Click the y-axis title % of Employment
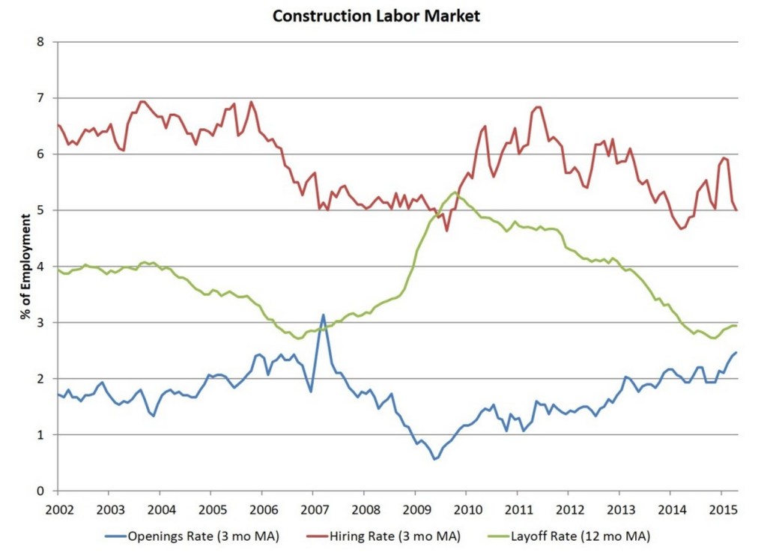tap(27, 266)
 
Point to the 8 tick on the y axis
tap(41, 42)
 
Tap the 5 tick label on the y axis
tap(41, 210)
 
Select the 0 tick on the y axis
tap(41, 491)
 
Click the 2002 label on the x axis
tap(58, 509)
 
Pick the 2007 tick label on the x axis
tap(312, 509)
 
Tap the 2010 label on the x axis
tap(465, 509)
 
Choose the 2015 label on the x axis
tap(721, 509)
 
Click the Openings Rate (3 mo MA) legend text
tap(203, 536)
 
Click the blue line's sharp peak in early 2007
tap(323, 315)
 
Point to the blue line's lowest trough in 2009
tap(434, 459)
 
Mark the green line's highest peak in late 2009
tap(454, 192)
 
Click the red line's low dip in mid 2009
tap(447, 230)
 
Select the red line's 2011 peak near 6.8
tap(538, 107)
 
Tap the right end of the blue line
tap(737, 352)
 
